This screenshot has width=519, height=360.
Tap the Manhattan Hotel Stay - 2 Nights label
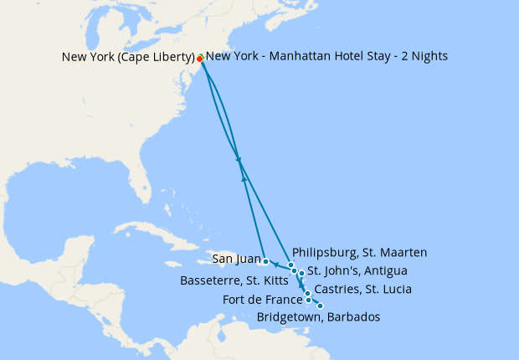tap(326, 56)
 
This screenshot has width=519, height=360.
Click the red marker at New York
tap(199, 59)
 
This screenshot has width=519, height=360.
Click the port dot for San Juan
tap(265, 261)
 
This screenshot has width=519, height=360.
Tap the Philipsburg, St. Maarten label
tap(360, 252)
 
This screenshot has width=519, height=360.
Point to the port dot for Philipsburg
tap(291, 265)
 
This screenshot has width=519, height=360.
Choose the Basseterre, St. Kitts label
tap(234, 280)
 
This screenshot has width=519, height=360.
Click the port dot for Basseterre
tap(294, 270)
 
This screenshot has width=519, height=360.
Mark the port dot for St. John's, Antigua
tap(301, 274)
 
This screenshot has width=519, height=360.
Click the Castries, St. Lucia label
tap(362, 290)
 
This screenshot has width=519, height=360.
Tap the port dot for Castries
tap(308, 294)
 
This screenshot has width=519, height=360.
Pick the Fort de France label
tap(263, 300)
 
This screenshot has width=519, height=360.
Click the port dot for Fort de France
tap(309, 300)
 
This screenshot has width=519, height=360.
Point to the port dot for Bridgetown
tap(320, 306)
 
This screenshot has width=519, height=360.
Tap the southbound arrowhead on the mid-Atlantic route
tap(239, 160)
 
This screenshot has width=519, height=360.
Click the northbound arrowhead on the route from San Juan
tap(244, 177)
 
